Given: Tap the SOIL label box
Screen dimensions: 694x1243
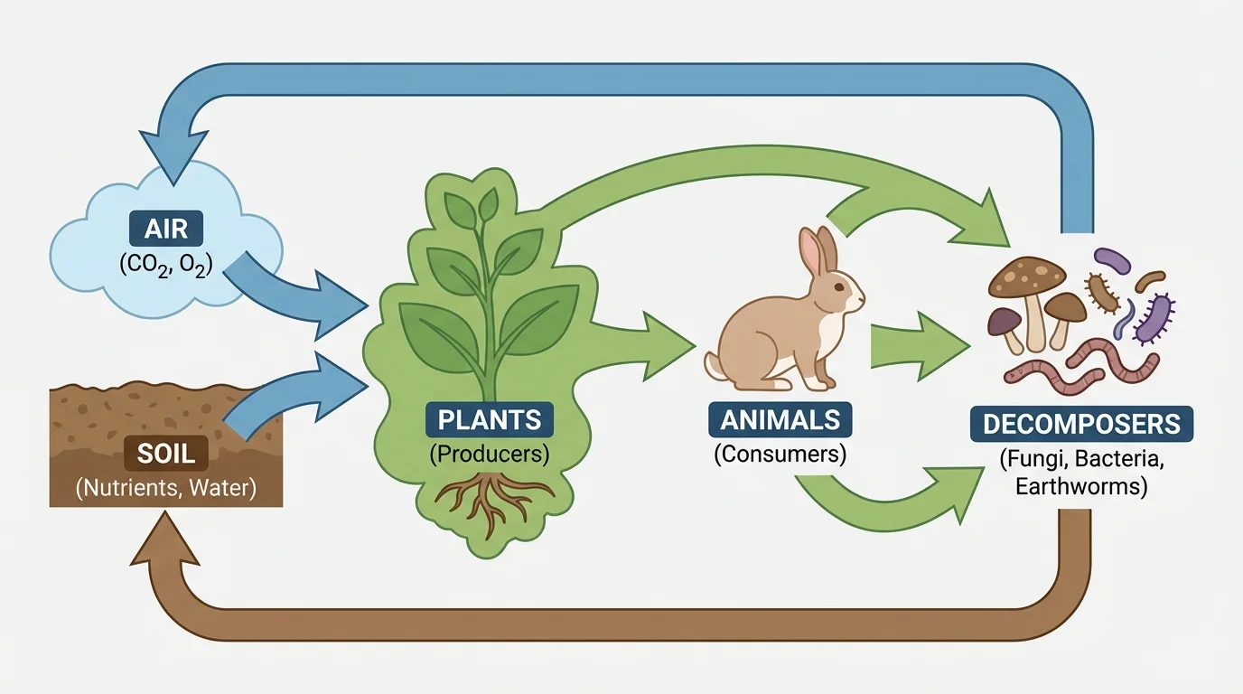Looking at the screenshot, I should (x=167, y=451).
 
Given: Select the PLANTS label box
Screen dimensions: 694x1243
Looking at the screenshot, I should (x=490, y=419).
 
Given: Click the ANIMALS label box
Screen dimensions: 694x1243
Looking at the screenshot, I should (x=780, y=419).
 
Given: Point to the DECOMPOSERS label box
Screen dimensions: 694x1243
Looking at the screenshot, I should (x=1081, y=424).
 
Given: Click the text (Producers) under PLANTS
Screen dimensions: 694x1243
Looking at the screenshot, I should (x=490, y=454).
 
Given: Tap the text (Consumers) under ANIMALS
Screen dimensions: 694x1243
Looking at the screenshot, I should (x=780, y=454).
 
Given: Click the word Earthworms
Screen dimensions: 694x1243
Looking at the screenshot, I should (x=1081, y=488).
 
